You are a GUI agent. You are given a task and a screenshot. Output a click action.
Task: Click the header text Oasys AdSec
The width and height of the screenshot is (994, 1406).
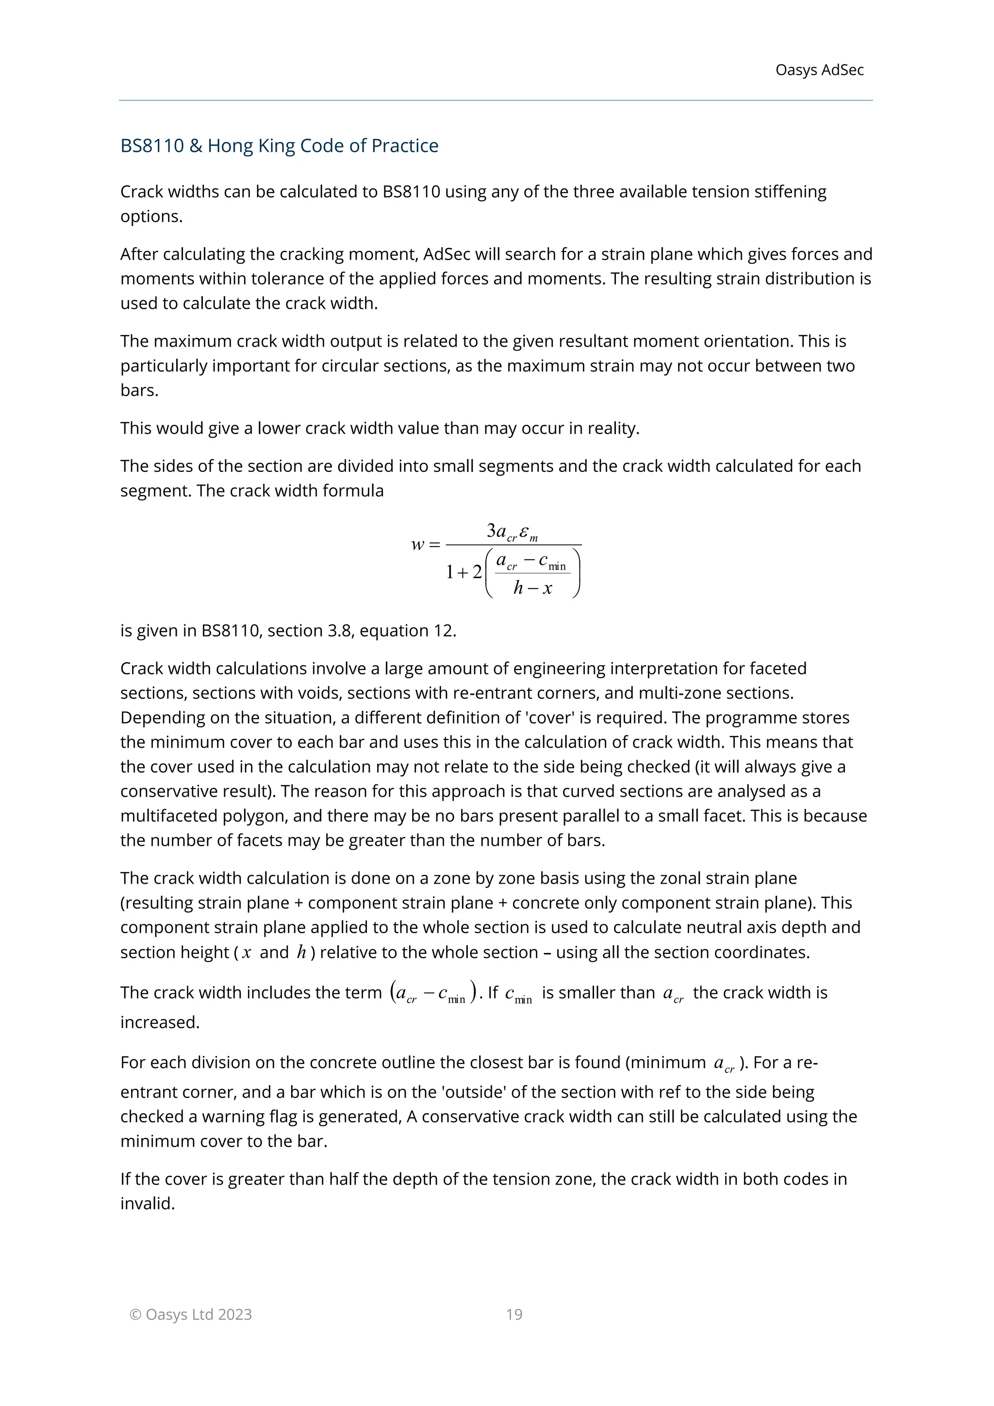pos(819,70)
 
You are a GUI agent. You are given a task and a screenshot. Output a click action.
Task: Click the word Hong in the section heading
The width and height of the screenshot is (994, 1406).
pos(230,146)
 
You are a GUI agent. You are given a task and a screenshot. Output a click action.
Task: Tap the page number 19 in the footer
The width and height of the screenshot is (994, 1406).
pos(514,1314)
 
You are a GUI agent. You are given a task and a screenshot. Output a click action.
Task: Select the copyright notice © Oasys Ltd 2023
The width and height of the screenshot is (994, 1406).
pos(190,1314)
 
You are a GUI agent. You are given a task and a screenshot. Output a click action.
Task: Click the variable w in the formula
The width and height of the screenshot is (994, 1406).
pos(417,544)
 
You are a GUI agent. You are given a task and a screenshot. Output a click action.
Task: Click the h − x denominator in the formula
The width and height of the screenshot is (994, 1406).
pos(532,588)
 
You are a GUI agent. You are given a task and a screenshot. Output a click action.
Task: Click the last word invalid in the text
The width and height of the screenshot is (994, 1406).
pos(147,1204)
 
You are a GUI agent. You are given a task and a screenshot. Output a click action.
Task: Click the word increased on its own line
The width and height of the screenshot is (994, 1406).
pos(159,1022)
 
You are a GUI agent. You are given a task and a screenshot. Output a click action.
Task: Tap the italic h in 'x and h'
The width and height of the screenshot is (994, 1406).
pos(301,952)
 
